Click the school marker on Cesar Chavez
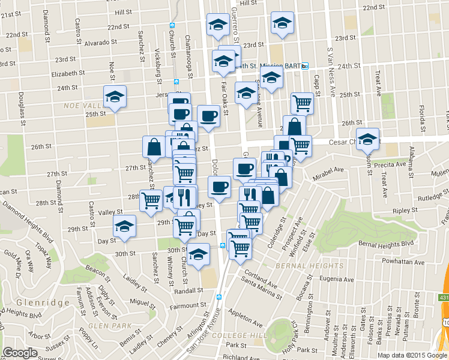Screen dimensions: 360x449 pos(367,139)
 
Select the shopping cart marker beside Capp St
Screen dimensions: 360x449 pos(302,103)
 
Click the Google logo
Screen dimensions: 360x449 pos(20,352)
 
